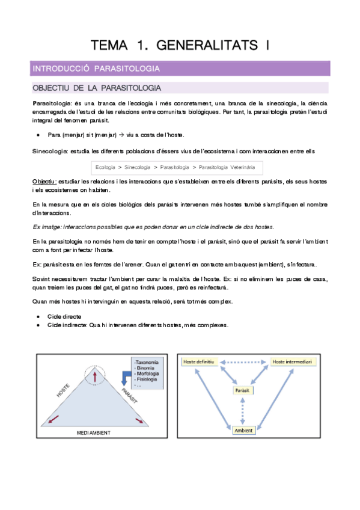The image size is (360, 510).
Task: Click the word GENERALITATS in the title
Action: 207,45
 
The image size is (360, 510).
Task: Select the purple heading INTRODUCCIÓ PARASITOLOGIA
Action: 96,69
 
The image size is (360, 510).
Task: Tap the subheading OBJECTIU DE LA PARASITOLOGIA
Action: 97,88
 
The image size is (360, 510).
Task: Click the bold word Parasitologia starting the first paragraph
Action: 52,103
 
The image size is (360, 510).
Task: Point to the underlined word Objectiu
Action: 44,182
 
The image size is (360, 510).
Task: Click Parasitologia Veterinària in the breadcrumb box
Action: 227,167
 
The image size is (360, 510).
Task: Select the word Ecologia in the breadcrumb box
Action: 105,167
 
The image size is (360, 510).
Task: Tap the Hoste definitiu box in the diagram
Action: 198,361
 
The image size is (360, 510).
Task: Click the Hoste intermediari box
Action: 292,361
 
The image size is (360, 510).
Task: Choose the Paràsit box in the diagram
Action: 243,390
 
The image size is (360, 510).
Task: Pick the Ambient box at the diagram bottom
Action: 243,431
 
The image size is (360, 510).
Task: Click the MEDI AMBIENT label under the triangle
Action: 94,433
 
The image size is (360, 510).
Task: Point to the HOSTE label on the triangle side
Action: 63,390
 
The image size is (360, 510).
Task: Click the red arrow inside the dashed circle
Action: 95,377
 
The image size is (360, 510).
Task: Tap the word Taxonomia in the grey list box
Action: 147,362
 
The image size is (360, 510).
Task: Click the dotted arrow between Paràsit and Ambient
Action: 243,411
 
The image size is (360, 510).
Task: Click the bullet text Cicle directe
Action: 64,316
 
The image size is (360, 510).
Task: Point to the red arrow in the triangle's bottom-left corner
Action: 53,420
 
